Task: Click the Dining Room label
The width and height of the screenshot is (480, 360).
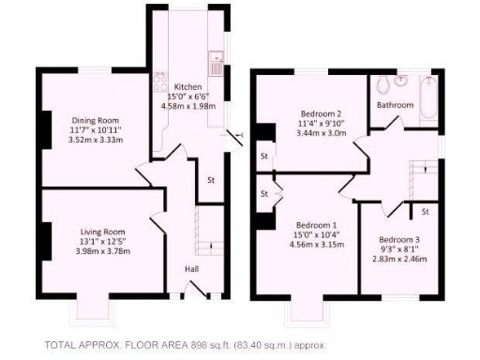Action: [97, 120]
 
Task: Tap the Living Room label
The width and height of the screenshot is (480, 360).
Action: [102, 232]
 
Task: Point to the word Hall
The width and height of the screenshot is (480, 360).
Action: [191, 269]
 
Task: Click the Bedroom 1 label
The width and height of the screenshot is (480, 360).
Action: [317, 226]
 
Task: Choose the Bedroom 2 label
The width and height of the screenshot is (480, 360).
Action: [320, 113]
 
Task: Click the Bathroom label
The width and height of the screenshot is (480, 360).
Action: [395, 106]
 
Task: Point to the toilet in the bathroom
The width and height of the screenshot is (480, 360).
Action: [383, 87]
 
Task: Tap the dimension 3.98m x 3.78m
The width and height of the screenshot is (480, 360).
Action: [102, 250]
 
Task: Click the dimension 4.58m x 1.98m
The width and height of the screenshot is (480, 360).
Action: [188, 106]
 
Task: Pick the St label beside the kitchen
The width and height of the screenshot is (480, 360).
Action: [211, 179]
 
